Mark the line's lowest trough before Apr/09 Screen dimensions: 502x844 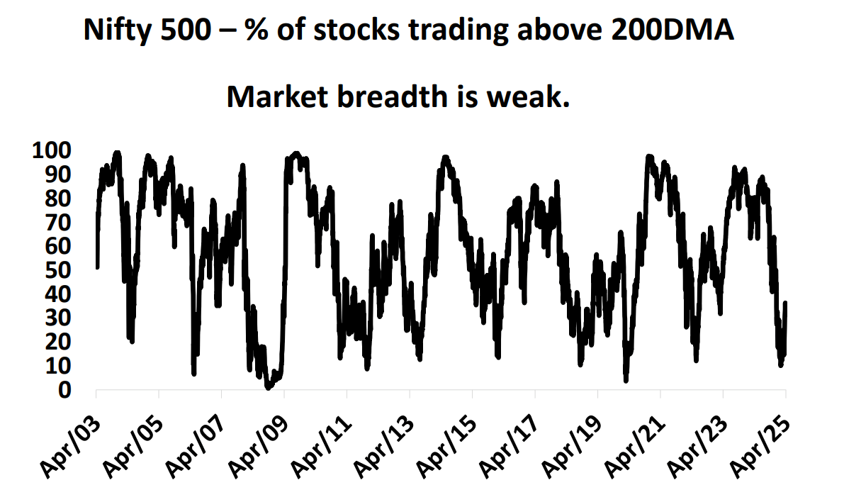coord(268,387)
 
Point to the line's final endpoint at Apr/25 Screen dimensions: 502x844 coord(785,303)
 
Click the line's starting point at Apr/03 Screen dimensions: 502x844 coord(96,267)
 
